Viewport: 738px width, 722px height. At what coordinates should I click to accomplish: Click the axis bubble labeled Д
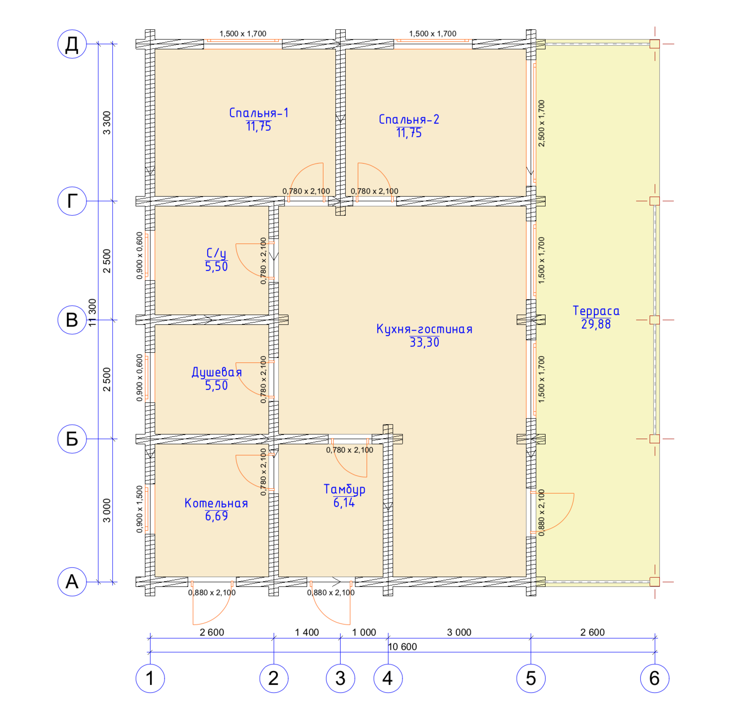coord(72,44)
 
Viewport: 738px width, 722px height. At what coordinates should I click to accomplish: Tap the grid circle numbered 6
coord(654,678)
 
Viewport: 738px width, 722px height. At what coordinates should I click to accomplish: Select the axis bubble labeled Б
coord(72,439)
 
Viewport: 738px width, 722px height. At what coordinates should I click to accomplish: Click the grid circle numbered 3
coord(340,678)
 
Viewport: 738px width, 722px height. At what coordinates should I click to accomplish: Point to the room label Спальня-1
coord(259,113)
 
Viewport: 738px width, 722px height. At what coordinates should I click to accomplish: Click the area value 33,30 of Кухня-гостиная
coord(424,342)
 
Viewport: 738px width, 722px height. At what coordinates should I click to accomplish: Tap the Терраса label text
coord(596,311)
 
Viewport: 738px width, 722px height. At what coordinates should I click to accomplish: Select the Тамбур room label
coord(344,489)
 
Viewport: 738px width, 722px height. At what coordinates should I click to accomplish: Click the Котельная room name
coord(216,503)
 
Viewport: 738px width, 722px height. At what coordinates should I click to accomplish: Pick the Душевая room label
coord(217,372)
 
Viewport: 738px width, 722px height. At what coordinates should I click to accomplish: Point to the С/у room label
coord(216,253)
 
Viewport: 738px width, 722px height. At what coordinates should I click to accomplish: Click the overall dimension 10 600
coord(402,647)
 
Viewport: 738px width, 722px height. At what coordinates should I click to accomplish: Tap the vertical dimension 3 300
coord(107,123)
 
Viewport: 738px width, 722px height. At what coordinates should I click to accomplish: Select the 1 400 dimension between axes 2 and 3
coord(307,632)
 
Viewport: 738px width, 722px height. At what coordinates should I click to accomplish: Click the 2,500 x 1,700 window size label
coord(541,123)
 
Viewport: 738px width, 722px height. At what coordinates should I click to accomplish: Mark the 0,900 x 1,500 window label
coord(139,509)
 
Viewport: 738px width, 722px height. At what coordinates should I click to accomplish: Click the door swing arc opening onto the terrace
coord(567,517)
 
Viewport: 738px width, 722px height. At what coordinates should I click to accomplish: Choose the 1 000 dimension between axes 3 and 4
coord(364,632)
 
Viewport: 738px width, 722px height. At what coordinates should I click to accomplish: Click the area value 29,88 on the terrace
coord(596,324)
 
